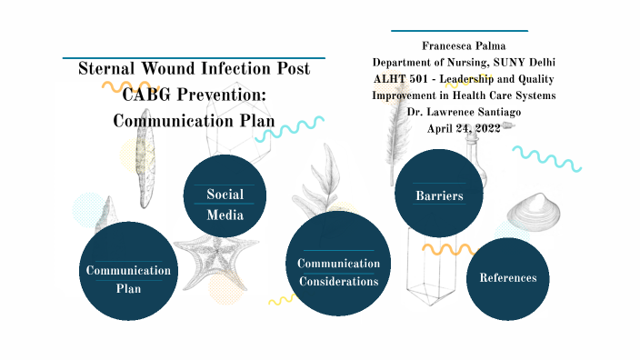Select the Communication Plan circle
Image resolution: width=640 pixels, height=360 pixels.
(127, 271)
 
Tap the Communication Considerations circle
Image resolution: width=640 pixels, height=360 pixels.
(338, 264)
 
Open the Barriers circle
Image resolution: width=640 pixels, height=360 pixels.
(439, 193)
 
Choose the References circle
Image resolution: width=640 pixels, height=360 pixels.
(507, 278)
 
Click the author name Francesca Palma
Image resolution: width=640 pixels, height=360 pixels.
(464, 45)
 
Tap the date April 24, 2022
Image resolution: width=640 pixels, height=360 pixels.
(465, 127)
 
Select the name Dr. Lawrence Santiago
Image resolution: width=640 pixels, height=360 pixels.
(465, 111)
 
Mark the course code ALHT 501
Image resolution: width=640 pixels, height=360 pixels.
(405, 78)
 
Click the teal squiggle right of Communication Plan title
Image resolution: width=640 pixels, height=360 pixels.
(289, 129)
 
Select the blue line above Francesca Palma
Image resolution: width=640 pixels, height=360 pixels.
(459, 31)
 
